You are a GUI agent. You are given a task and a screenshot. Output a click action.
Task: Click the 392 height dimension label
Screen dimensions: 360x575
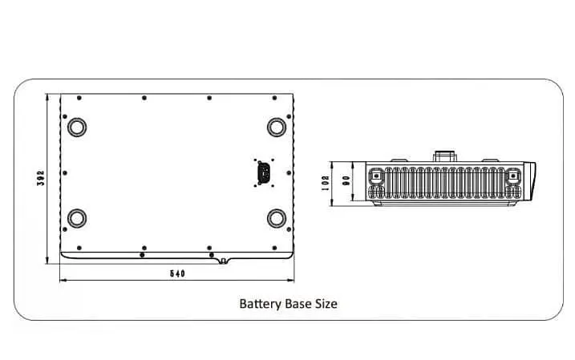pyautogui.click(x=39, y=178)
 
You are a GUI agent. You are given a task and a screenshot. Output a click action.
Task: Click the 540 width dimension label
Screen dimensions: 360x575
pyautogui.click(x=178, y=274)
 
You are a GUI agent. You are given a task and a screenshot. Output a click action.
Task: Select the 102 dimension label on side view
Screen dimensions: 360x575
pyautogui.click(x=326, y=182)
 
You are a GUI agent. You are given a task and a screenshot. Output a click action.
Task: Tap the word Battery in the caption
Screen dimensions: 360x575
pyautogui.click(x=258, y=305)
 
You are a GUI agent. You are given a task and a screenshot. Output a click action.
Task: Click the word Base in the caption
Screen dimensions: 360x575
pyautogui.click(x=296, y=305)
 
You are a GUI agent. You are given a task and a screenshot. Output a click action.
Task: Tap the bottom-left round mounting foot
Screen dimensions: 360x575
pyautogui.click(x=78, y=217)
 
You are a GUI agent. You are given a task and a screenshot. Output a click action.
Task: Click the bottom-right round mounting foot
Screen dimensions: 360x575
pyautogui.click(x=277, y=217)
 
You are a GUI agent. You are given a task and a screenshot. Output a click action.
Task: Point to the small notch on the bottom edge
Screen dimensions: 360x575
pyautogui.click(x=222, y=261)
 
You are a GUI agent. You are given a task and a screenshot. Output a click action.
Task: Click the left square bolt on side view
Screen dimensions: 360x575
pyautogui.click(x=375, y=175)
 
